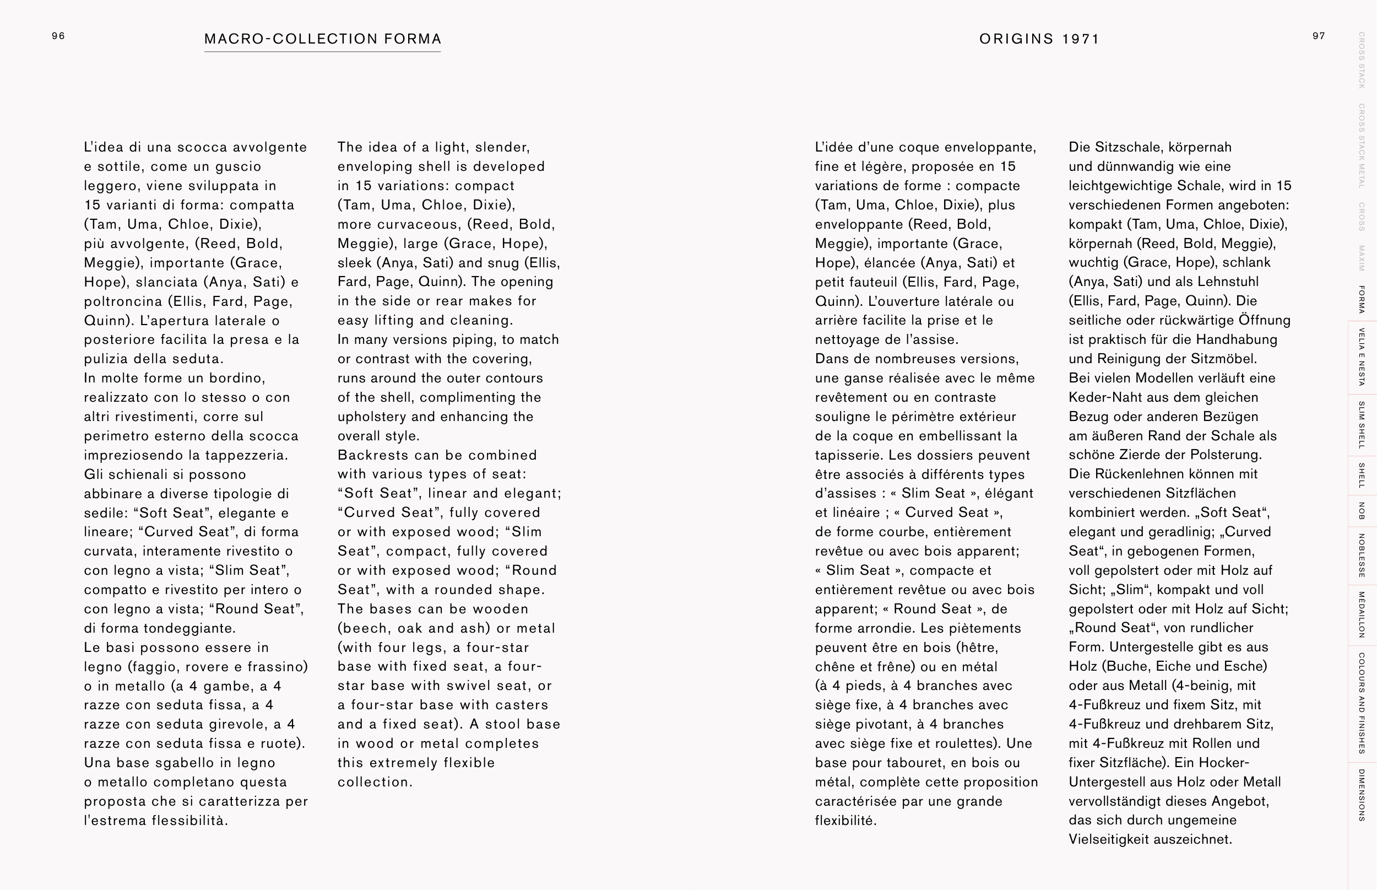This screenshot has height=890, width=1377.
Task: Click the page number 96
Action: coord(58,36)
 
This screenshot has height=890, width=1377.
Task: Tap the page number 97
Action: coord(1319,36)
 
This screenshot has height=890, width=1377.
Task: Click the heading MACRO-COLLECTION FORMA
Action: coord(323,39)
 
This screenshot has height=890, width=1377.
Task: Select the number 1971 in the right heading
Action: coord(1081,39)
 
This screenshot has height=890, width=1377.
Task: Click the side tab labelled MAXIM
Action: coord(1362,258)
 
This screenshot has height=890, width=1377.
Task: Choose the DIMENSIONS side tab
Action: coord(1362,795)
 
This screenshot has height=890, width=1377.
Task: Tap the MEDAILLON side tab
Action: coord(1362,614)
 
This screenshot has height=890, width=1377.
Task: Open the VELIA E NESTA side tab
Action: coord(1362,357)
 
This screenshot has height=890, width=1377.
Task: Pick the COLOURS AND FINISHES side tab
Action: coord(1362,703)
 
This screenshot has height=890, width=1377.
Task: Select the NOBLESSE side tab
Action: coord(1362,555)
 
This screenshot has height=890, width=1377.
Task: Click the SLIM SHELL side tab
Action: coord(1362,425)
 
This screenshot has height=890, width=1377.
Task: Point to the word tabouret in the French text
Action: coord(915,763)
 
